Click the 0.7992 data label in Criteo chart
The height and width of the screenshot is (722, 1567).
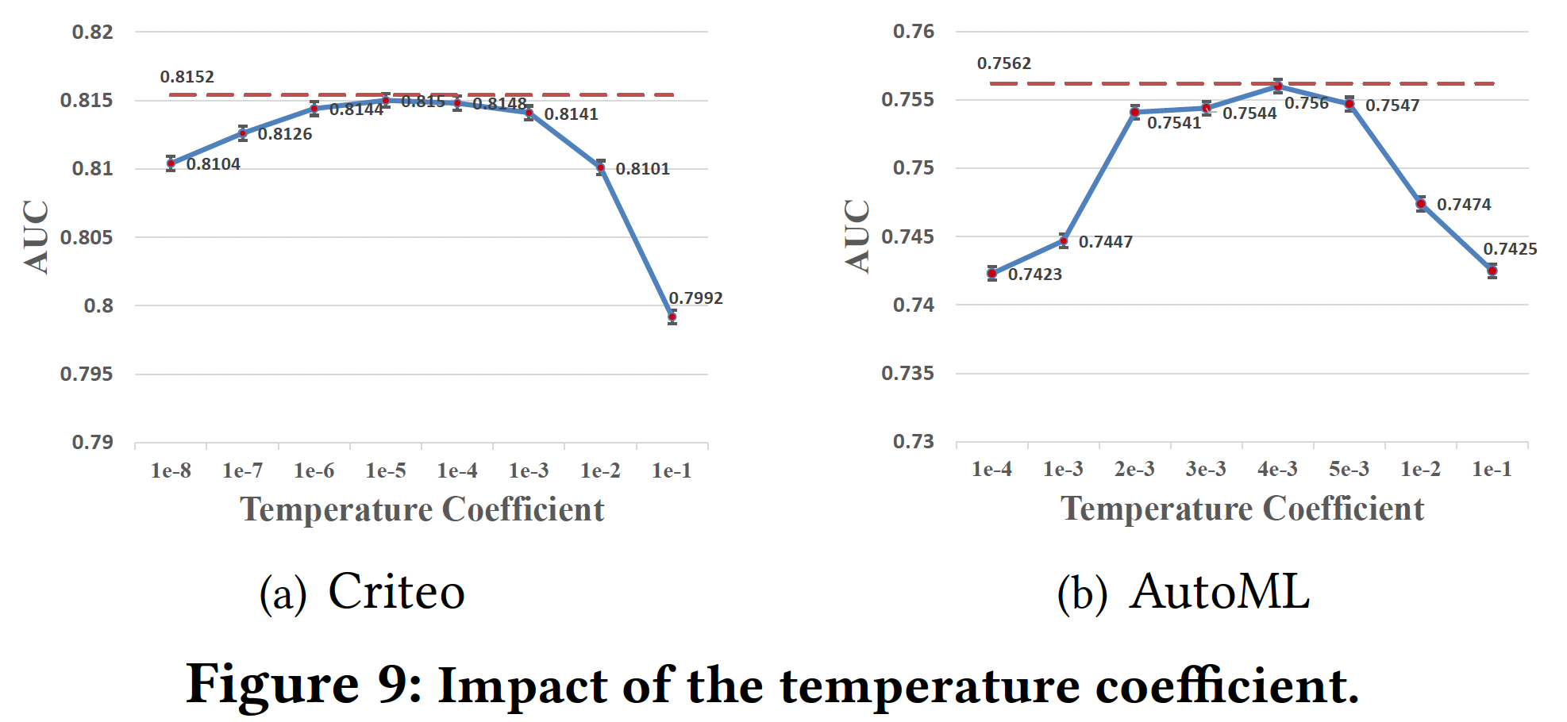click(695, 298)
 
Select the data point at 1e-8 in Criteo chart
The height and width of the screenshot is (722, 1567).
click(171, 163)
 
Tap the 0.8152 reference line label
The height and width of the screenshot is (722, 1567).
click(187, 77)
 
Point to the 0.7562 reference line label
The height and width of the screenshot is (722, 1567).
click(1004, 63)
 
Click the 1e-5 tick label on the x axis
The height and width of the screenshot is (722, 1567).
click(386, 471)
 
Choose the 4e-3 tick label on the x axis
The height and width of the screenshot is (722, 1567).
click(1277, 470)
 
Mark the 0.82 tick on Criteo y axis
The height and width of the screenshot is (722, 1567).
click(93, 33)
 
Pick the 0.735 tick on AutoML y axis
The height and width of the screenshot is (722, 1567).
click(907, 373)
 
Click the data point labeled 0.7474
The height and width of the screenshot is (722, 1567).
click(1421, 204)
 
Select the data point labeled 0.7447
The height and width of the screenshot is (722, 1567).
click(1064, 240)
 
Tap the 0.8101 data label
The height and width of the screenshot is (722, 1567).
click(642, 169)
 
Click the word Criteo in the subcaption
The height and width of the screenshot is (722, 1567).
click(396, 592)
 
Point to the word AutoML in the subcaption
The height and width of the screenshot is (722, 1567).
click(1219, 592)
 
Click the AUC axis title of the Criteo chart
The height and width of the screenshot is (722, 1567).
click(37, 237)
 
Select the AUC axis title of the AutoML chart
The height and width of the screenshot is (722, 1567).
click(857, 236)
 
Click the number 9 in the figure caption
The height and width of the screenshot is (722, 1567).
click(394, 684)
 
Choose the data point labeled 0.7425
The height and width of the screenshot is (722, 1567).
click(1492, 271)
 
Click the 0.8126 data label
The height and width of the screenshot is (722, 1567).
click(285, 134)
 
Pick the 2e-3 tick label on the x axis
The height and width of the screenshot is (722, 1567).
click(1134, 470)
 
